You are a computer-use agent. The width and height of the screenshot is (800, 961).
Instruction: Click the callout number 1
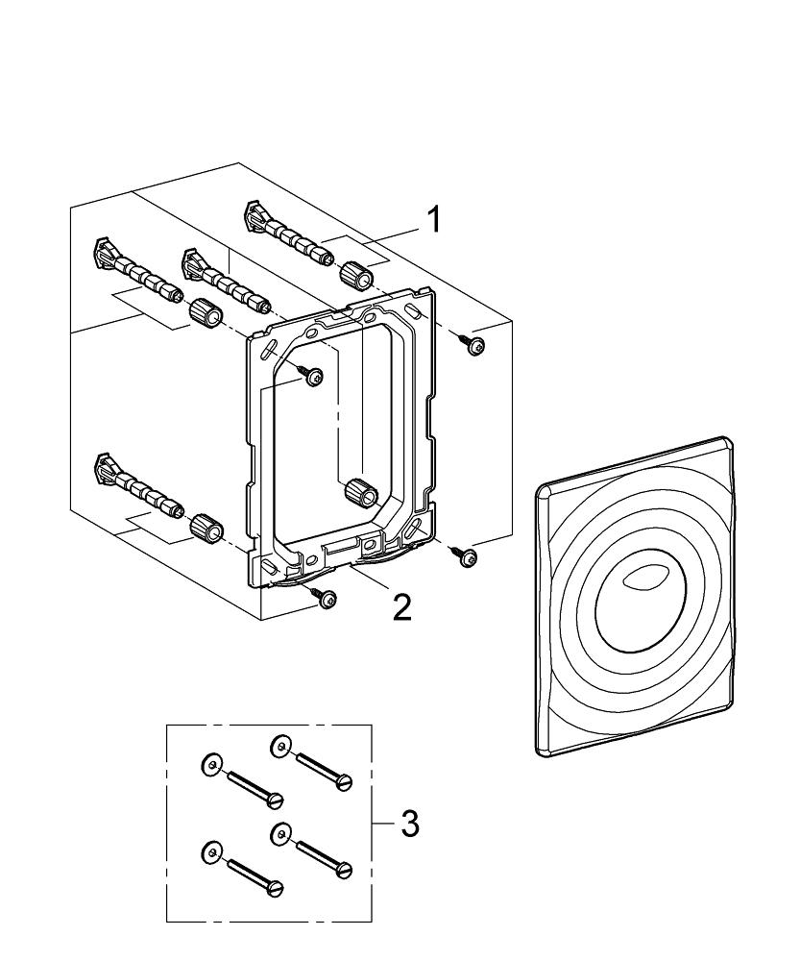433,220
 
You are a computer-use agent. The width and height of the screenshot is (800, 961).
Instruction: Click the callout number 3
409,824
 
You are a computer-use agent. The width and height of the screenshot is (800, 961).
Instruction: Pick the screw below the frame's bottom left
328,598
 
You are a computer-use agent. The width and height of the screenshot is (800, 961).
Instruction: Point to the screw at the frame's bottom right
468,557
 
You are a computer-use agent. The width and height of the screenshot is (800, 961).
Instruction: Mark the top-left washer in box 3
209,764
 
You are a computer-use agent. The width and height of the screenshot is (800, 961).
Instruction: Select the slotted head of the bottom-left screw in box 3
276,888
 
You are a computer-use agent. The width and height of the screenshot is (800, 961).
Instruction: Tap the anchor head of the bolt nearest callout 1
256,214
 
